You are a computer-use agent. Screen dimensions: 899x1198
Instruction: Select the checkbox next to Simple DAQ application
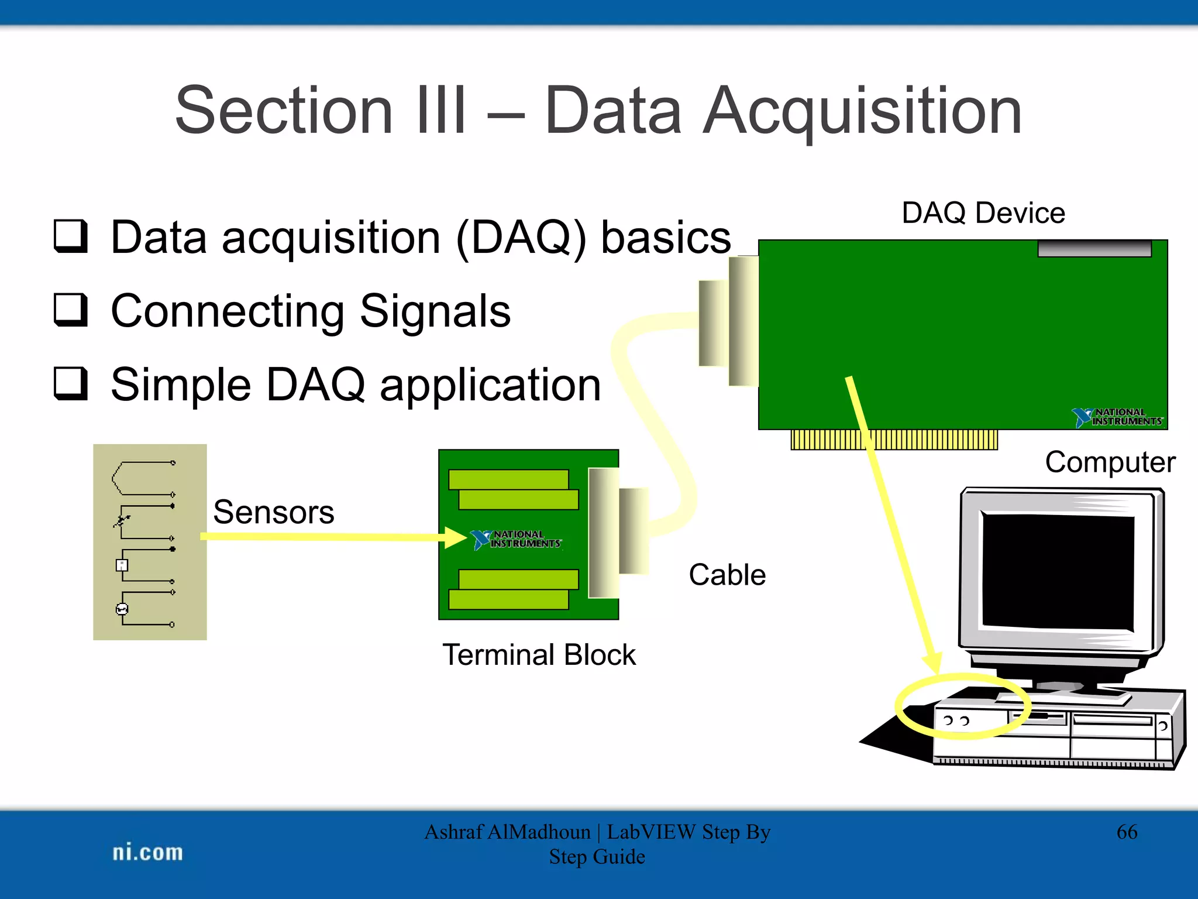tap(71, 383)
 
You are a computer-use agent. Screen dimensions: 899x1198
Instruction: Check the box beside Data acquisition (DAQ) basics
tap(71, 236)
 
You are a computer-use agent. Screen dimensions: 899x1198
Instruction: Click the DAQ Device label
tap(983, 212)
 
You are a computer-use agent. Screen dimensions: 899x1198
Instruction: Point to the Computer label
tap(1110, 462)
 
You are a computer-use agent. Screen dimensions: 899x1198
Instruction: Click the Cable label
tap(727, 574)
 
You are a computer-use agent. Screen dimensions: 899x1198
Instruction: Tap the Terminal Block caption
tap(538, 654)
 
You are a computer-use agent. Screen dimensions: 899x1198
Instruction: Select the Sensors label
tap(273, 512)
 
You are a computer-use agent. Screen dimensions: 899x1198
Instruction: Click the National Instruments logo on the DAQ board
tap(1117, 417)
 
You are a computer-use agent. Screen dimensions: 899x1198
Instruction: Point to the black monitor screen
tap(1058, 571)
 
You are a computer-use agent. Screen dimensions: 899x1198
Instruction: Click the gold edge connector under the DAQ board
tap(894, 440)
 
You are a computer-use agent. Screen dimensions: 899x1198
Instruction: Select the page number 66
tap(1126, 832)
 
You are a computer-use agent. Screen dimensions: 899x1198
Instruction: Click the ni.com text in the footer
tap(147, 852)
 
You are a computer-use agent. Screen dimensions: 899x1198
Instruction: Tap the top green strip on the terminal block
tap(508, 479)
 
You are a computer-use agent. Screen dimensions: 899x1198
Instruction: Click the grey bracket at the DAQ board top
tap(1094, 248)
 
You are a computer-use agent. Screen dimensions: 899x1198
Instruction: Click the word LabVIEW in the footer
tap(651, 832)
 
